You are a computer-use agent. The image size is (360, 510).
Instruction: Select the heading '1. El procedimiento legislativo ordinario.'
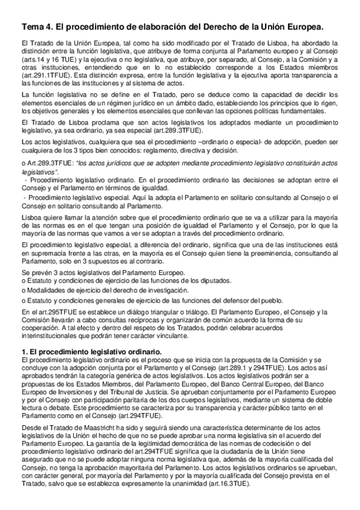(90, 351)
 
